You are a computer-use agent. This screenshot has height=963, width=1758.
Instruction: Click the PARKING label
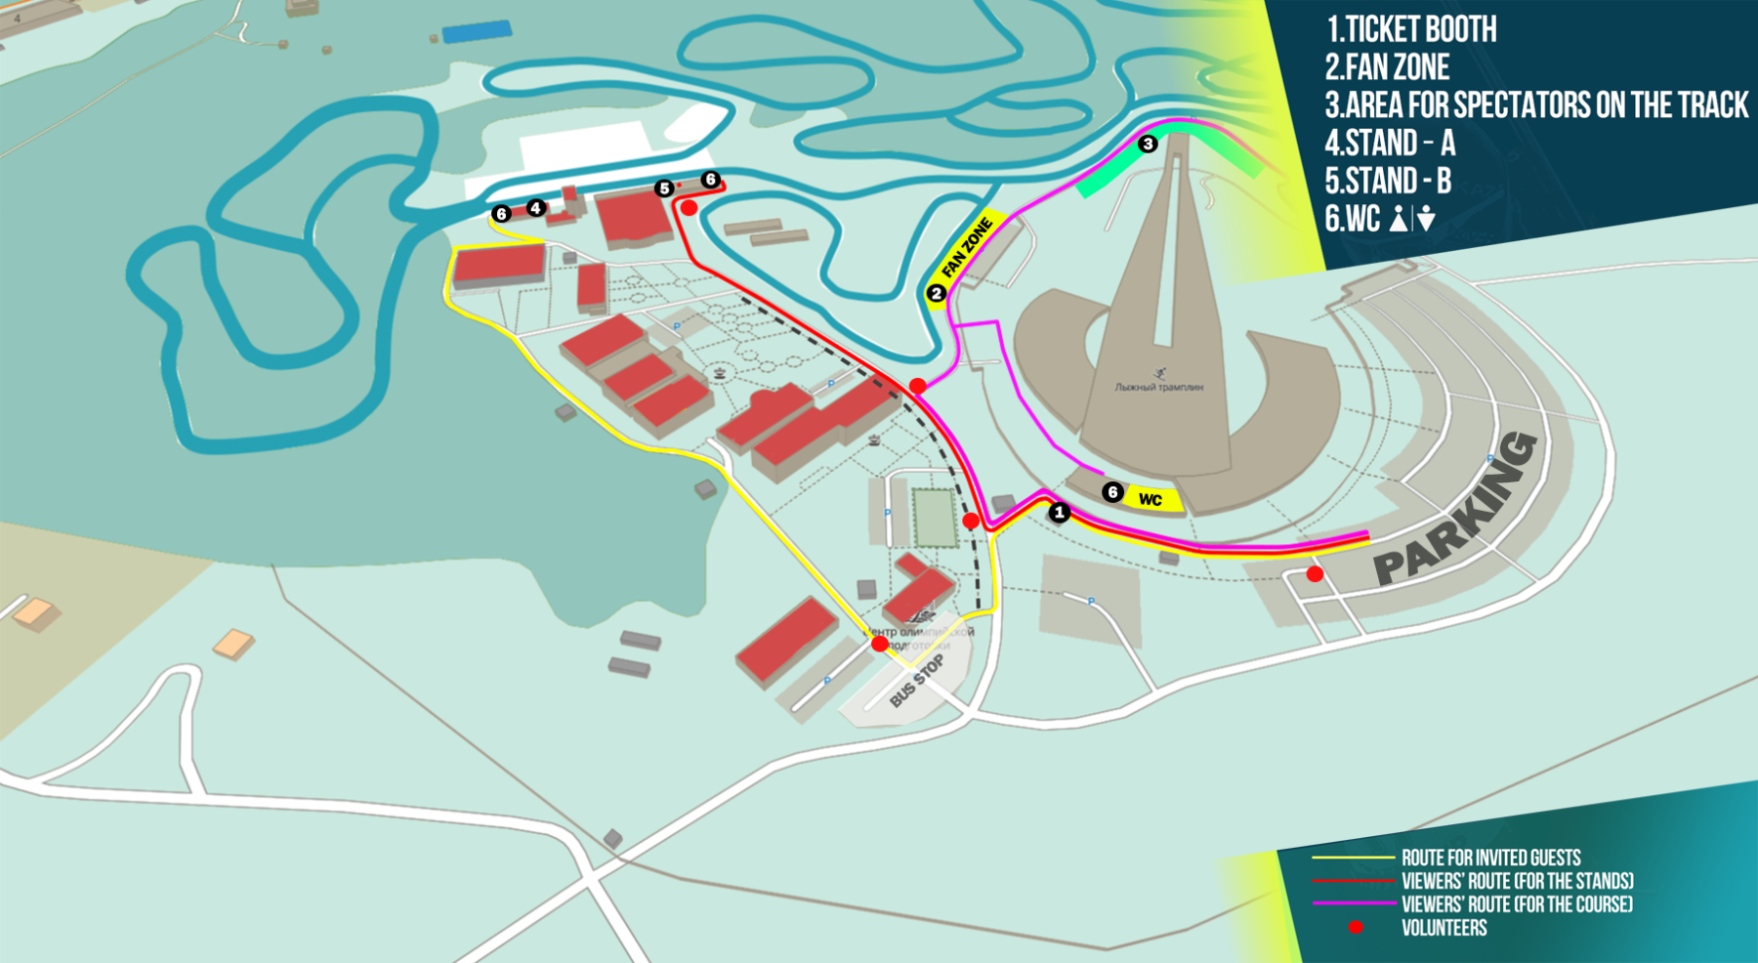tap(1455, 513)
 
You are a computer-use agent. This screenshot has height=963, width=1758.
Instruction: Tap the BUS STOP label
tap(916, 682)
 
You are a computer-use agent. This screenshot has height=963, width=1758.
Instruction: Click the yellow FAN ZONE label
tap(968, 248)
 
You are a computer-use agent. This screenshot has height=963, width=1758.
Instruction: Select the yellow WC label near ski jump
tap(1151, 500)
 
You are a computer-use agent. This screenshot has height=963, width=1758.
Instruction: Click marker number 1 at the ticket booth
tap(1060, 512)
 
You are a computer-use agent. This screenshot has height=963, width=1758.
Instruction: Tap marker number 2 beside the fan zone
tap(936, 293)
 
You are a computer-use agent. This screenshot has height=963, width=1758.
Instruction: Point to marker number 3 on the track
tap(1148, 144)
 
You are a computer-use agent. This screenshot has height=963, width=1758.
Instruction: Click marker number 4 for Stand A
tap(535, 207)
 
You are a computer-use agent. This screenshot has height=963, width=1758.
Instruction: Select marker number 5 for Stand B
tap(664, 188)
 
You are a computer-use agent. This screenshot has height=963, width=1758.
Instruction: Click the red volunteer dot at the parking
tap(1315, 574)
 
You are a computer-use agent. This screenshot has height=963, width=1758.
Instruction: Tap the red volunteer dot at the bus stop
tap(880, 644)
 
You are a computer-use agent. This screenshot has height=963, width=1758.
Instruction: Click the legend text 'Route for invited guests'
tap(1490, 858)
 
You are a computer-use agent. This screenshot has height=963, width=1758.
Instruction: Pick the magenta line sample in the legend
tap(1353, 903)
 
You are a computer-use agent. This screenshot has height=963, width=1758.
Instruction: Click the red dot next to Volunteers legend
tap(1356, 927)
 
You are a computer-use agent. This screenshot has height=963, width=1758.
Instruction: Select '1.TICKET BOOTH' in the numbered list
tap(1410, 29)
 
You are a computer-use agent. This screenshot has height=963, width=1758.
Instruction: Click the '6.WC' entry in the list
tap(1379, 219)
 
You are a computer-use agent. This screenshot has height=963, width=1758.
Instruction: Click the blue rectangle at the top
tap(477, 32)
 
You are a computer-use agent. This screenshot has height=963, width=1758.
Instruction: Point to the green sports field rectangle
tap(933, 518)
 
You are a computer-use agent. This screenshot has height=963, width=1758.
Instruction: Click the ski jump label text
tap(1158, 387)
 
